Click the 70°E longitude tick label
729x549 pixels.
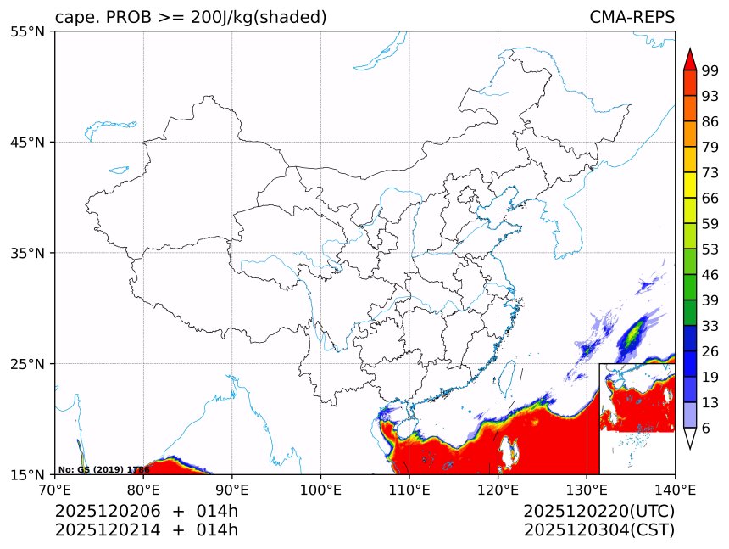(x=55, y=489)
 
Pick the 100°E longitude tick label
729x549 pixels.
(x=320, y=489)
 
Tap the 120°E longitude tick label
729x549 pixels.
(x=498, y=489)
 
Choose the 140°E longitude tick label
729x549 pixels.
(x=675, y=489)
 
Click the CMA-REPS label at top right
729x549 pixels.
(x=632, y=18)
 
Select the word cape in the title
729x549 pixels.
(x=73, y=18)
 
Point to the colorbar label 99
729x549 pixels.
(x=710, y=70)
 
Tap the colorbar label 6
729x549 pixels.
(x=706, y=429)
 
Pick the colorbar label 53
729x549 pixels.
(x=710, y=249)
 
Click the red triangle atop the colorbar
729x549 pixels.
(x=690, y=59)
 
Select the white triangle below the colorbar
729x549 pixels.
(x=690, y=438)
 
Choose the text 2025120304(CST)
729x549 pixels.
(x=598, y=530)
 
